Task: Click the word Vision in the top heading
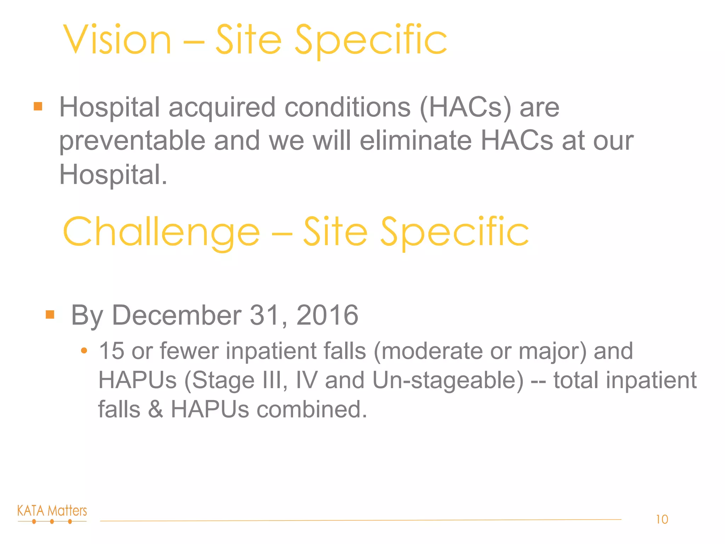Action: click(117, 40)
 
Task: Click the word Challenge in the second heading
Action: click(161, 232)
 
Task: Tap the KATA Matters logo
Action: click(52, 514)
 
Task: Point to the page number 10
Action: click(662, 520)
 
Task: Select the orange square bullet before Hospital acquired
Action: click(38, 106)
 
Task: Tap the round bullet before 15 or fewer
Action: click(84, 351)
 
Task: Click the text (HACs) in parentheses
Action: click(465, 107)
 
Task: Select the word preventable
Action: click(132, 141)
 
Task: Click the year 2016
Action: click(327, 315)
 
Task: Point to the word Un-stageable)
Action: click(448, 380)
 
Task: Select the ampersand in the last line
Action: click(155, 409)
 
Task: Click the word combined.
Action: click(312, 409)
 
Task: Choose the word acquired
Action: click(222, 107)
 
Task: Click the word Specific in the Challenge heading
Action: click(455, 232)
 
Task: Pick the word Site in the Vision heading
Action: click(249, 40)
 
